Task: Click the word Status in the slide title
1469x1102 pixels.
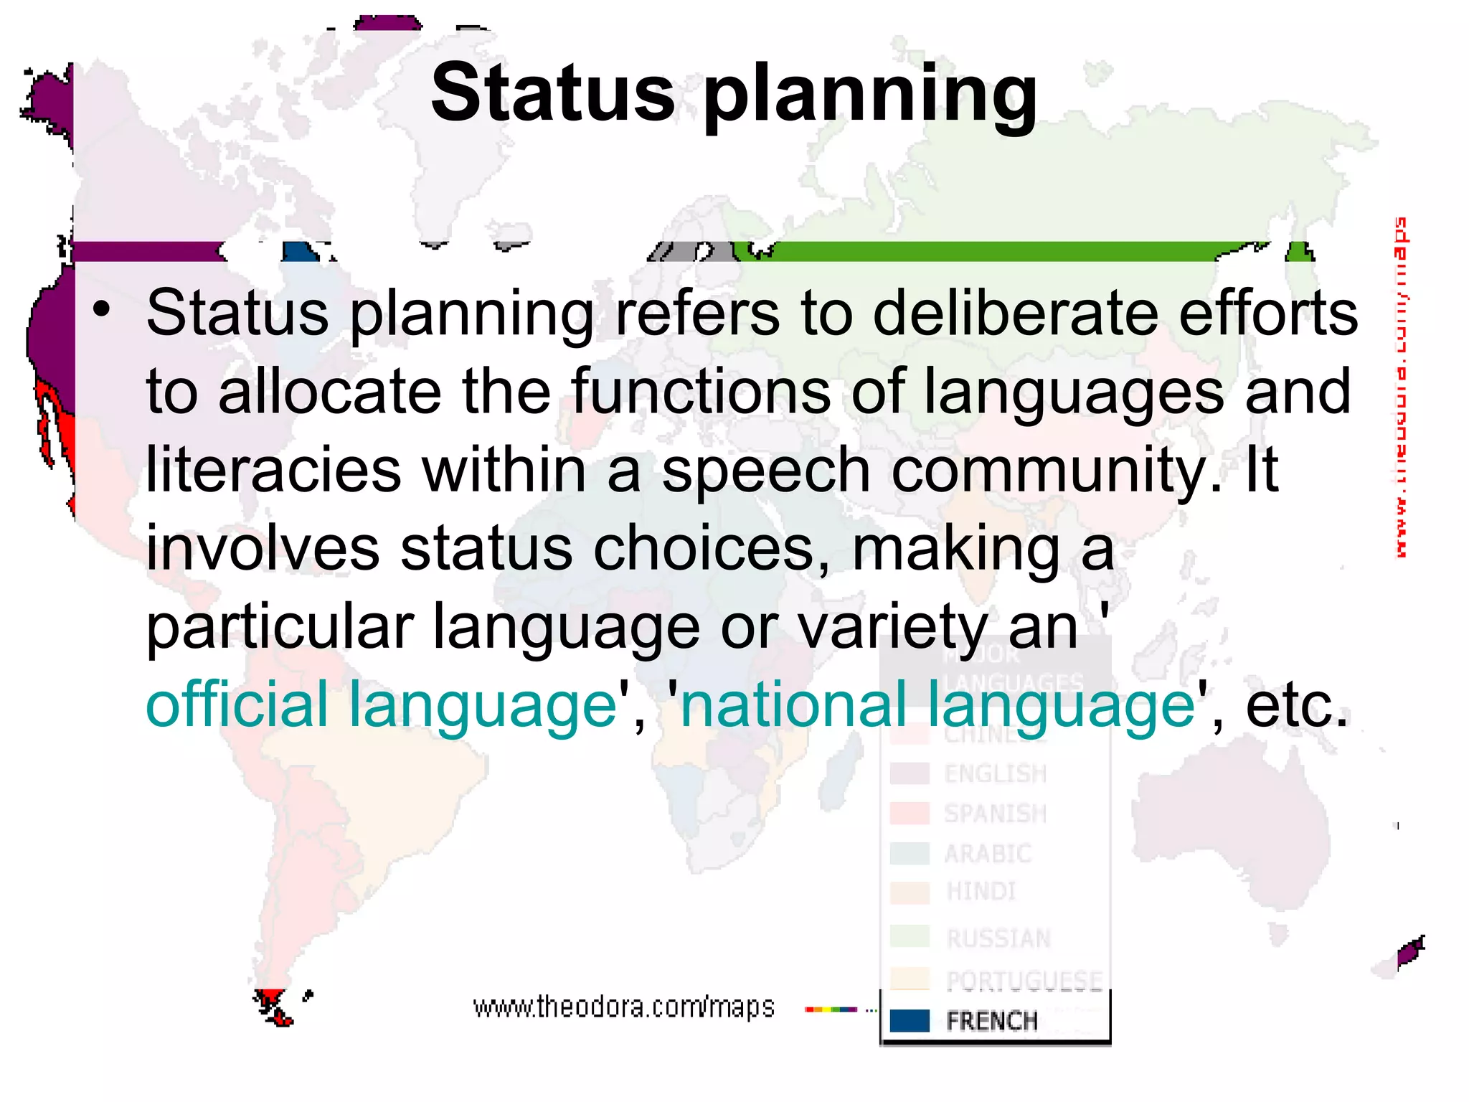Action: pyautogui.click(x=552, y=93)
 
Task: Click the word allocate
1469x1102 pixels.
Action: pyautogui.click(x=329, y=392)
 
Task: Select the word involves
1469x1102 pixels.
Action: pyautogui.click(x=263, y=548)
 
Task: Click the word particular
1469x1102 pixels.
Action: pyautogui.click(x=280, y=626)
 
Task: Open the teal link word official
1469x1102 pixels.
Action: pyautogui.click(x=236, y=705)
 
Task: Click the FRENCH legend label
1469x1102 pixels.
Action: pyautogui.click(x=992, y=1020)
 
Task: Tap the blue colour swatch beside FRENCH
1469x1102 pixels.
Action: pyautogui.click(x=909, y=1020)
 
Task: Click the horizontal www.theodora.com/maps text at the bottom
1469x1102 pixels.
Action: pyautogui.click(x=623, y=1007)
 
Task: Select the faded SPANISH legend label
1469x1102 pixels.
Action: pyautogui.click(x=995, y=814)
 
